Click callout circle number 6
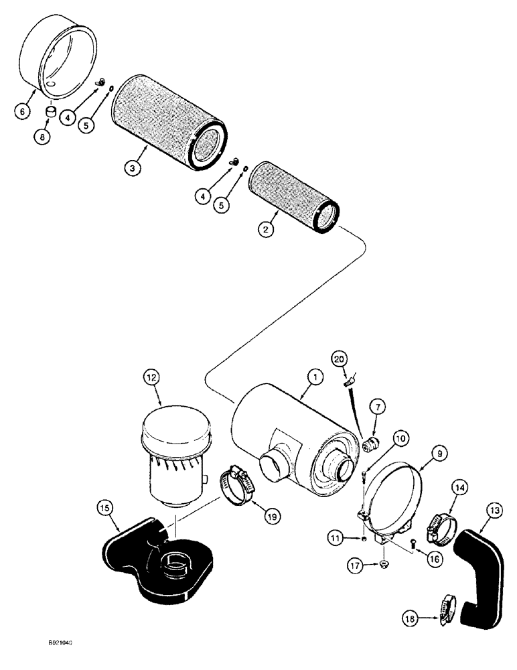tap(22, 111)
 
